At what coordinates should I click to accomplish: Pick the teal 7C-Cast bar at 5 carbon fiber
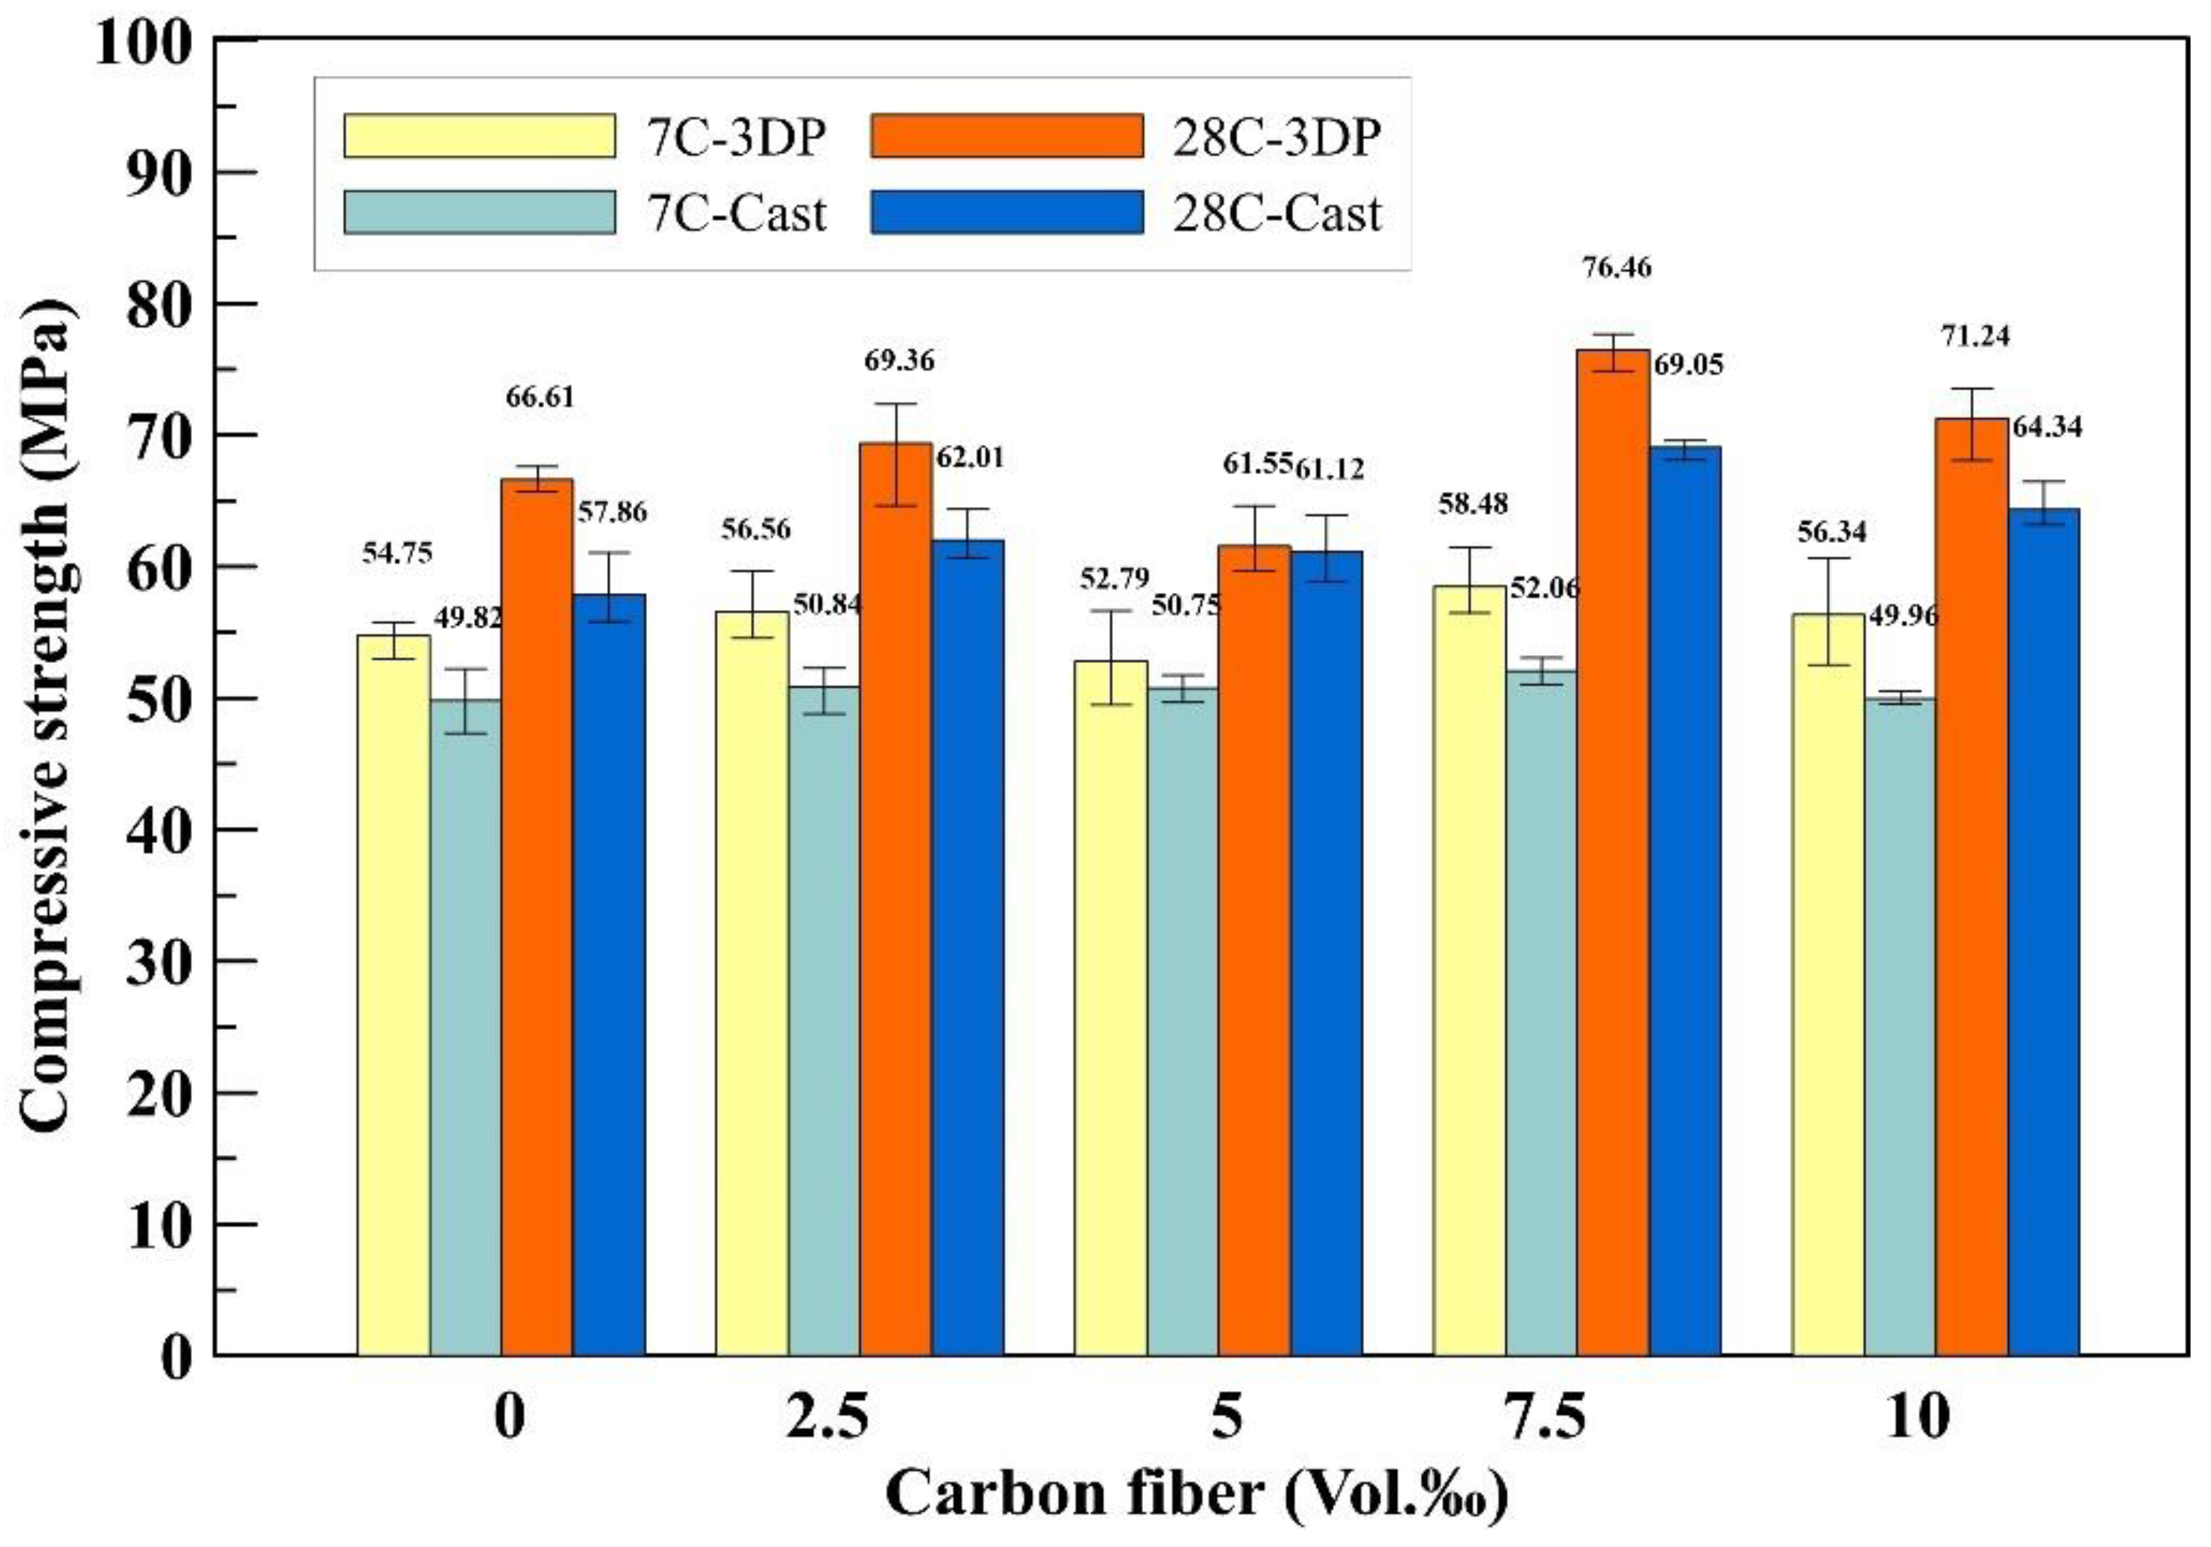tap(1182, 1021)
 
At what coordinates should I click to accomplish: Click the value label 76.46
tap(1617, 268)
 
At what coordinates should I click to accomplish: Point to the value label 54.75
tap(397, 553)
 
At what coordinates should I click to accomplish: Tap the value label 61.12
tap(1329, 469)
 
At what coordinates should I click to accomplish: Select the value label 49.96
tap(1902, 616)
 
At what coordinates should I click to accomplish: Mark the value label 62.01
tap(970, 457)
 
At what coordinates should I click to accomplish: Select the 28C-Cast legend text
tap(1277, 213)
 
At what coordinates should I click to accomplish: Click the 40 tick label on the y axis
tap(159, 831)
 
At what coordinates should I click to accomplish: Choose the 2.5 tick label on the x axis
tap(827, 1417)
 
